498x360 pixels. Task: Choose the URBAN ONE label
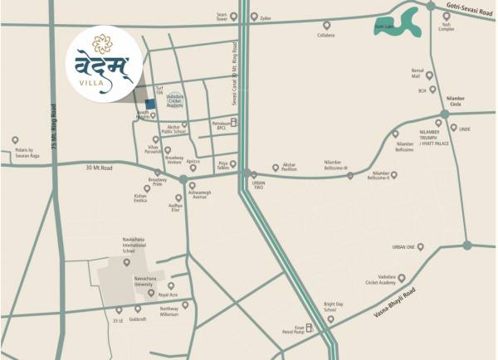coord(403,246)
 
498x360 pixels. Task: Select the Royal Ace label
coord(168,294)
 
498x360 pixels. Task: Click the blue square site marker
coord(149,103)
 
